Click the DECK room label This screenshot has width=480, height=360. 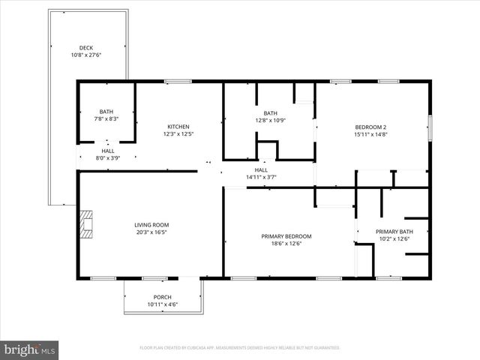pyautogui.click(x=87, y=47)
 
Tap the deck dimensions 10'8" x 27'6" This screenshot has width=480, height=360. pyautogui.click(x=87, y=55)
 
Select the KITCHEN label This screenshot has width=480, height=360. pyautogui.click(x=178, y=127)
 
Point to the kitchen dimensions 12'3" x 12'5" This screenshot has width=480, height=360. pyautogui.click(x=178, y=134)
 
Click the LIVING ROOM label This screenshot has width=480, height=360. pyautogui.click(x=151, y=224)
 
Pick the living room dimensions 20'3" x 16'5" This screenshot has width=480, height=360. pyautogui.click(x=151, y=232)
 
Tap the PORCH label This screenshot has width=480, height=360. pyautogui.click(x=162, y=297)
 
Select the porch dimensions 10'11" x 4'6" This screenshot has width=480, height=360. pyautogui.click(x=162, y=304)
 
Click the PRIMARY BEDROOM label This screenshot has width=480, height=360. pyautogui.click(x=286, y=236)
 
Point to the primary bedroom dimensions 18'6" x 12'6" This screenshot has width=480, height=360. pyautogui.click(x=286, y=244)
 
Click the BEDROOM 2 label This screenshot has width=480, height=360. pyautogui.click(x=370, y=127)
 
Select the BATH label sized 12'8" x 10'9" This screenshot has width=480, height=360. pyautogui.click(x=270, y=113)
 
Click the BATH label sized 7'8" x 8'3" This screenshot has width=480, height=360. pyautogui.click(x=106, y=112)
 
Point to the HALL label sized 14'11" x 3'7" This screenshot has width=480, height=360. pyautogui.click(x=261, y=169)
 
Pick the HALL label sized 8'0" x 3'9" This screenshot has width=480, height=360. pyautogui.click(x=108, y=150)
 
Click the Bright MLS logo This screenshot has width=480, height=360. pyautogui.click(x=30, y=349)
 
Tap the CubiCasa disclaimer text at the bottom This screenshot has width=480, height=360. pyautogui.click(x=240, y=348)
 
